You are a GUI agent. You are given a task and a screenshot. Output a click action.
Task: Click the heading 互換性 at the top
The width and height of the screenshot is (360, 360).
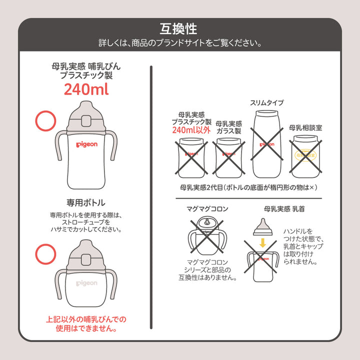179,27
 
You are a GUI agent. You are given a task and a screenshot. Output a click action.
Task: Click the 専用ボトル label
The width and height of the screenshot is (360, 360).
86,202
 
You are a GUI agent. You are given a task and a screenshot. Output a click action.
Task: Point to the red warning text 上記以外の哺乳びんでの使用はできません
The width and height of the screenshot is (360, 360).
86,324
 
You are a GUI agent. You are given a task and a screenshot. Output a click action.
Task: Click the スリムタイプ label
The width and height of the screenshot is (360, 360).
266,102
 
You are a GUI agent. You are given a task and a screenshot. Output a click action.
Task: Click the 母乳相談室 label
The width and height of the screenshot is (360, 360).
305,127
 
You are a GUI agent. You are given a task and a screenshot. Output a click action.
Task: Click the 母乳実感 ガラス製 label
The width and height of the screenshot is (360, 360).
228,127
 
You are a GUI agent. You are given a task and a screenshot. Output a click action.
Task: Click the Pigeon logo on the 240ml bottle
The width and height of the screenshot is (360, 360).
86,144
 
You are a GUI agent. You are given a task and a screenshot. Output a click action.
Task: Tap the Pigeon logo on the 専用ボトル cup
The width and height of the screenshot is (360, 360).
86,283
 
